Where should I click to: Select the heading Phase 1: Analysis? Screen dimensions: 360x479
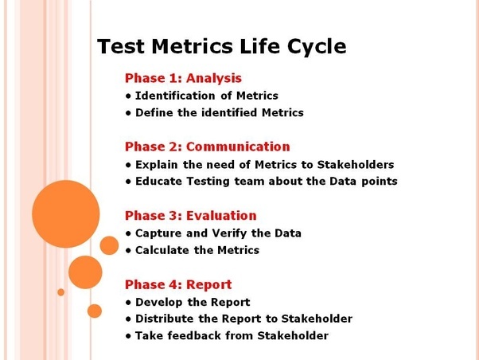[x=183, y=78]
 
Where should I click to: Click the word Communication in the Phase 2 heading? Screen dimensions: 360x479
[x=238, y=147]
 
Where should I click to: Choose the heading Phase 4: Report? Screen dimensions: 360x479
[x=178, y=285]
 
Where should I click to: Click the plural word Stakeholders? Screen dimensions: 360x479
[x=355, y=165]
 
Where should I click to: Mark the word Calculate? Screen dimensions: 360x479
[x=162, y=250]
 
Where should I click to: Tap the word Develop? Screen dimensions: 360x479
[x=159, y=303]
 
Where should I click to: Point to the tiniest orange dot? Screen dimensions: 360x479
[x=60, y=292]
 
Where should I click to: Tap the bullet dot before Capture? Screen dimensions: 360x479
[x=128, y=234]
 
